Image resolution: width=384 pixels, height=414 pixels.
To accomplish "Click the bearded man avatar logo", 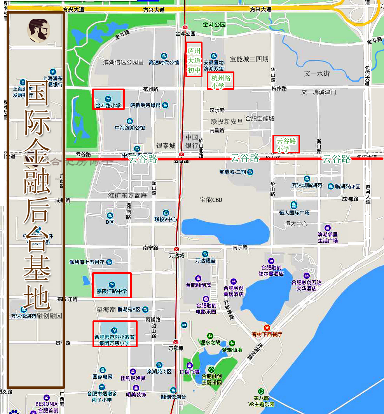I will pyautogui.click(x=38, y=31).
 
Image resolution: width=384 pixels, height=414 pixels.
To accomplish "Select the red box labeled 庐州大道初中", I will pyautogui.click(x=194, y=60).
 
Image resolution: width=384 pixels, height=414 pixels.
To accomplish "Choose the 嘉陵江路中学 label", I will pyautogui.click(x=112, y=291).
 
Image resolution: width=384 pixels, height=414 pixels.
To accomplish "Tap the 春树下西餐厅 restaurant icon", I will pyautogui.click(x=267, y=328).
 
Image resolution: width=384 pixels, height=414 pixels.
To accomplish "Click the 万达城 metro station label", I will pyautogui.click(x=176, y=256).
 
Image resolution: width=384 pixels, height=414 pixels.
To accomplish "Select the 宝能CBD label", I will pyautogui.click(x=211, y=200).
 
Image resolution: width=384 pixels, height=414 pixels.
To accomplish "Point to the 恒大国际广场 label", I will pyautogui.click(x=294, y=212).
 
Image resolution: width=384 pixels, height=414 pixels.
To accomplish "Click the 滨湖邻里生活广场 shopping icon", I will pyautogui.click(x=328, y=228).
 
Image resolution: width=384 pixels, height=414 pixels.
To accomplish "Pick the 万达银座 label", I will pyautogui.click(x=205, y=261).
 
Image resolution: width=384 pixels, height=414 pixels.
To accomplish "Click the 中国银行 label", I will pyautogui.click(x=192, y=142).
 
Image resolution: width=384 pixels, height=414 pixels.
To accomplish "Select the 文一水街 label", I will pyautogui.click(x=317, y=73).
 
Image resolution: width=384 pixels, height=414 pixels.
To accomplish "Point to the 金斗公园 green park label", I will pyautogui.click(x=214, y=25).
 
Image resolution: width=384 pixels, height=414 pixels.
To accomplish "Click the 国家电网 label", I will pyautogui.click(x=103, y=377).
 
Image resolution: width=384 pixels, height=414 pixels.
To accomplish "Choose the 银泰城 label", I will pyautogui.click(x=166, y=146).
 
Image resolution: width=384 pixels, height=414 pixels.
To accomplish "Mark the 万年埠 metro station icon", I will pyautogui.click(x=176, y=342).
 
